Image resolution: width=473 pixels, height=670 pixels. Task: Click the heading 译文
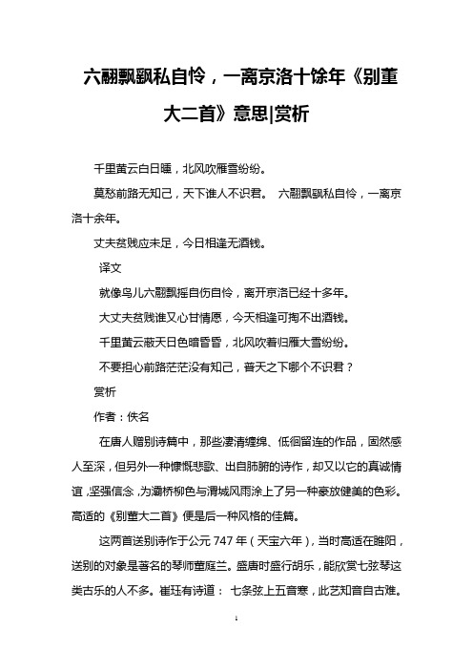click(x=113, y=270)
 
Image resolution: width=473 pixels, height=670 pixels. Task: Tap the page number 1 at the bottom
click(x=236, y=645)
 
